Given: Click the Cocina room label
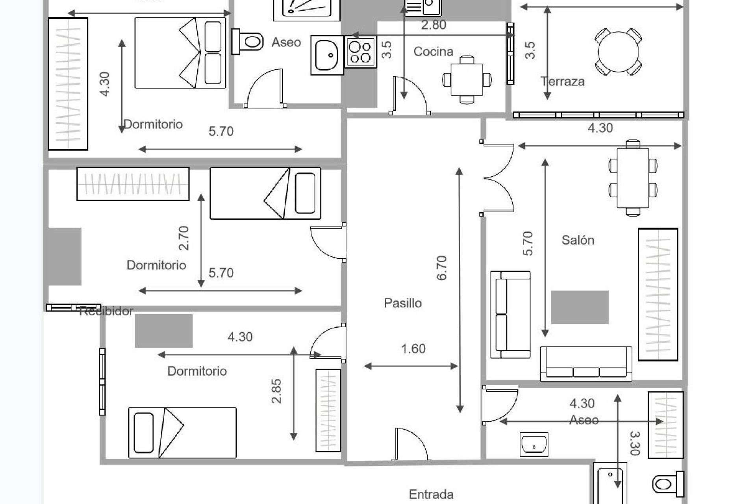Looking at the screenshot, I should point(433,52).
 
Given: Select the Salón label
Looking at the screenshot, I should point(577,240).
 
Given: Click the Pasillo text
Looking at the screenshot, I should point(402,303).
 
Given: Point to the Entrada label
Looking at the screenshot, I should point(431,494).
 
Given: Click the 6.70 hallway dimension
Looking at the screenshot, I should point(442,268).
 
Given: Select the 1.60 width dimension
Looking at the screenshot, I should point(413,349).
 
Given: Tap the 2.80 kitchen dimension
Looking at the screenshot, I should point(433,25).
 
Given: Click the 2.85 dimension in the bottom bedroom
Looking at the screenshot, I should point(276,391).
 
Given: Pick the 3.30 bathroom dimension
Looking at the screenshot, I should point(634,443).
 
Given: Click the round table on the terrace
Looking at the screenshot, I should point(618,52).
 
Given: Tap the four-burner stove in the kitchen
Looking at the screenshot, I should point(360,52).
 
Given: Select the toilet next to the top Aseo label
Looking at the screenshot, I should point(248,41).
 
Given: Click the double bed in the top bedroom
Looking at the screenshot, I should point(180,53).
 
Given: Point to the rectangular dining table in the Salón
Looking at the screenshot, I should point(633,178).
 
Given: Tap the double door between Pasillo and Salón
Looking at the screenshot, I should point(498,178).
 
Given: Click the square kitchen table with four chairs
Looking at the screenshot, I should point(467,80).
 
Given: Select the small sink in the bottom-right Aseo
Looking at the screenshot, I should point(534,444).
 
